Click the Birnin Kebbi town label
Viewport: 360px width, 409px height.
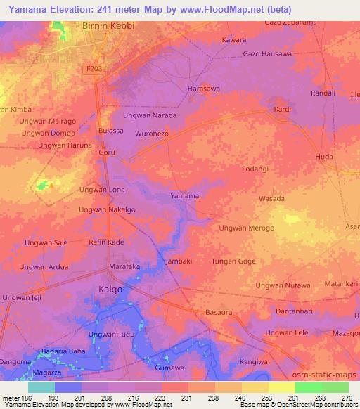(x=103, y=26)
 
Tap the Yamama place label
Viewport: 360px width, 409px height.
(x=185, y=196)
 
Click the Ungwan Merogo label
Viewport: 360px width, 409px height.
(x=247, y=228)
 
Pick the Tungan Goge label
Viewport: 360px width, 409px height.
(x=233, y=261)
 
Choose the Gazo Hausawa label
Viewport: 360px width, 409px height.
(x=266, y=54)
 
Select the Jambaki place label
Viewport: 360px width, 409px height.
(x=178, y=261)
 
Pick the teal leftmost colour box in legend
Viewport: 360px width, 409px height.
(x=41, y=387)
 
